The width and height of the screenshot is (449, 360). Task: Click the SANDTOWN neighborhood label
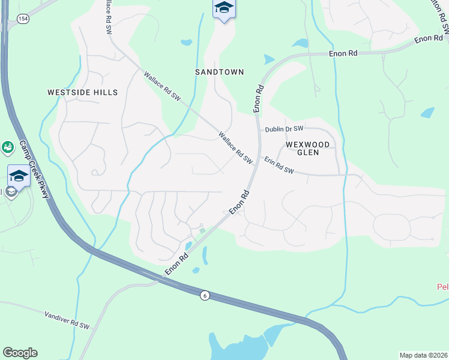tap(220, 72)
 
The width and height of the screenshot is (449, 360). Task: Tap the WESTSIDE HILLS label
tap(82, 92)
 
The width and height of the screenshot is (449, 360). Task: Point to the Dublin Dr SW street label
tap(285, 129)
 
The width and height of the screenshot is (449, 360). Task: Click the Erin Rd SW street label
tap(279, 166)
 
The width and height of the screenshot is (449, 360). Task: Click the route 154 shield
tap(23, 19)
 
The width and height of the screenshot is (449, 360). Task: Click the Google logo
tap(20, 353)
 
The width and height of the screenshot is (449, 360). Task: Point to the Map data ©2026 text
tap(423, 355)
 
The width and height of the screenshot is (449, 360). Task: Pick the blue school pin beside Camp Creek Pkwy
tap(19, 176)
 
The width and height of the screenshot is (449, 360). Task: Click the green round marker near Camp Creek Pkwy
tap(7, 146)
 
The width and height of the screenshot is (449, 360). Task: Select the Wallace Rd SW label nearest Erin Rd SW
tap(235, 147)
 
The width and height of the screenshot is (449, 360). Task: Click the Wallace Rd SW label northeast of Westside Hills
tap(162, 86)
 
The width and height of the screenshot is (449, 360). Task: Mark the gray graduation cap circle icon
tap(11, 193)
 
